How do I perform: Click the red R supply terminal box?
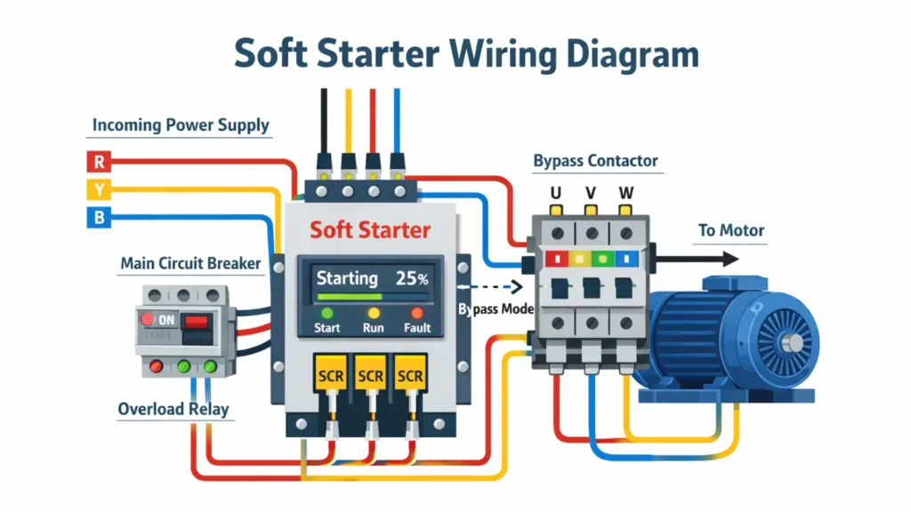[x=97, y=162]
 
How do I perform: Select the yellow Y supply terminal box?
[x=97, y=188]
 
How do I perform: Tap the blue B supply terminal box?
[x=97, y=216]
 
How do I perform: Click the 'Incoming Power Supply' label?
[x=181, y=124]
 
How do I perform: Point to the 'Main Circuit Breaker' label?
[x=190, y=263]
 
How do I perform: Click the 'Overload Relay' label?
[x=173, y=409]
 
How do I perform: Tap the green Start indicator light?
[x=327, y=313]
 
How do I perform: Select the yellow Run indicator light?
[x=374, y=313]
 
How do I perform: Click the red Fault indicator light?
[x=416, y=313]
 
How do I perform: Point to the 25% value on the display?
[x=412, y=278]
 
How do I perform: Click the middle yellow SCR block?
[x=369, y=376]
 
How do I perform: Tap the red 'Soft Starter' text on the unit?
[x=370, y=230]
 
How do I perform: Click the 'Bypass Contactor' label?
[x=595, y=161]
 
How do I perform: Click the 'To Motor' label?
[x=730, y=230]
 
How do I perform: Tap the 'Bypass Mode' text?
[x=496, y=308]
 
